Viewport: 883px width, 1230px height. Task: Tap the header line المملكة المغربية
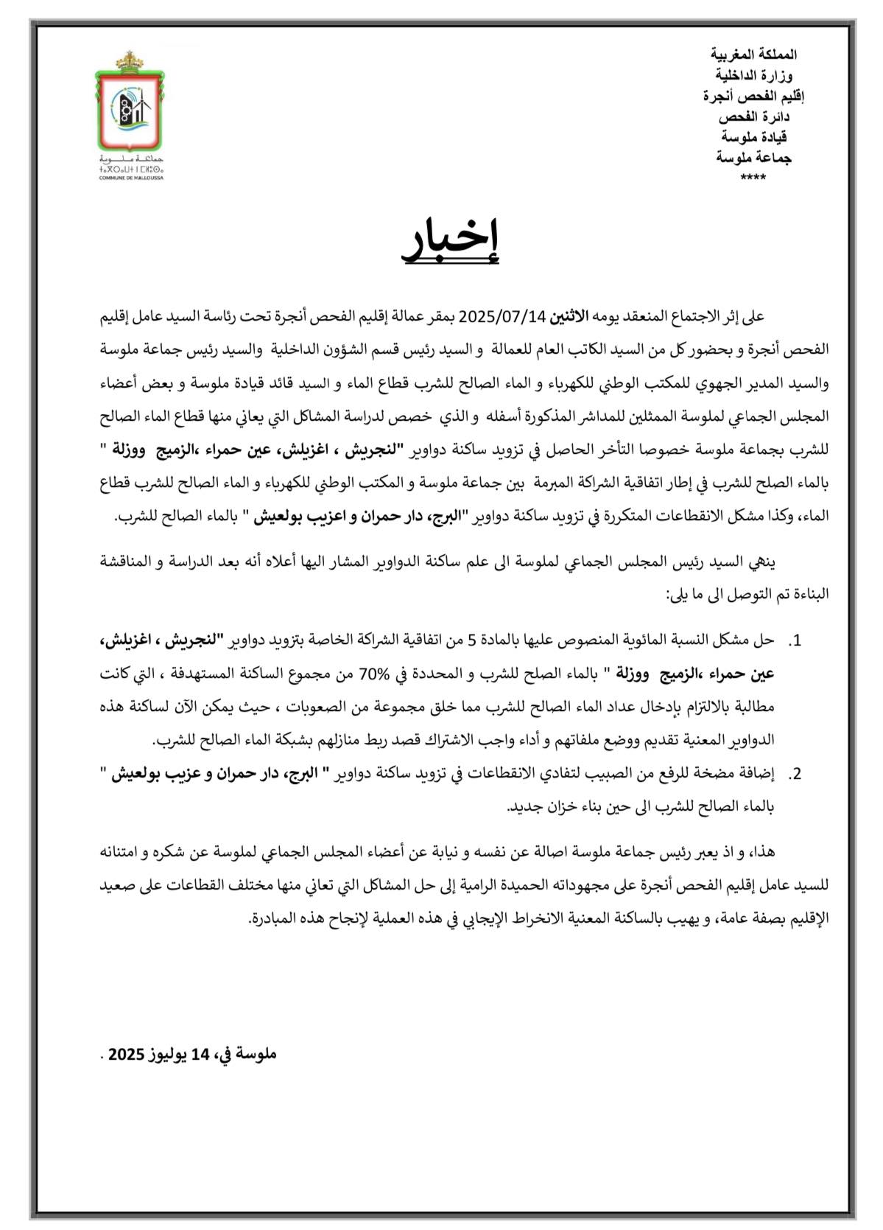tap(753, 55)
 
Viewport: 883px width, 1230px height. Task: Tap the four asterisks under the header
tap(753, 178)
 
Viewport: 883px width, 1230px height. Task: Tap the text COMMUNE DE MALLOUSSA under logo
tap(131, 178)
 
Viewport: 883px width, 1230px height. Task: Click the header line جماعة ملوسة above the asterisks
tap(753, 158)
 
